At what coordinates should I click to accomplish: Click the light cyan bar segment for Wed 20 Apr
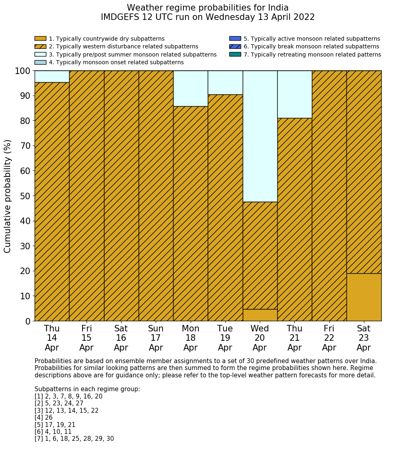pyautogui.click(x=260, y=136)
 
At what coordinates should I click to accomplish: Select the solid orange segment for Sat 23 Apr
pyautogui.click(x=364, y=297)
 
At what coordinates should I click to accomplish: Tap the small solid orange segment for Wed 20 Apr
pyautogui.click(x=260, y=315)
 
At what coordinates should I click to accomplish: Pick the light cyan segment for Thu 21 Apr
pyautogui.click(x=294, y=94)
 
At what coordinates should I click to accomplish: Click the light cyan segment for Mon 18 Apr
pyautogui.click(x=190, y=89)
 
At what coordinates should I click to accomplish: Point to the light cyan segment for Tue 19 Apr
pyautogui.click(x=225, y=83)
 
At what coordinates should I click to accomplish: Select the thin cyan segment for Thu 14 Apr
pyautogui.click(x=52, y=76)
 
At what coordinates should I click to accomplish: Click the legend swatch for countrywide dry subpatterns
pyautogui.click(x=40, y=39)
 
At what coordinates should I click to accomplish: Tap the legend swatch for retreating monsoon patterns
pyautogui.click(x=235, y=54)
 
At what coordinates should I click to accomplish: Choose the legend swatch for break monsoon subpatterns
pyautogui.click(x=235, y=47)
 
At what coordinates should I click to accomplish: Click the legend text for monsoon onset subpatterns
pyautogui.click(x=116, y=62)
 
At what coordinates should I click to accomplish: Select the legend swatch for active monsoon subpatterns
pyautogui.click(x=235, y=39)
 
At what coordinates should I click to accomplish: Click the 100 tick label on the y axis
pyautogui.click(x=23, y=71)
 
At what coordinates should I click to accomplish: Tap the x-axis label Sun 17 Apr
pyautogui.click(x=156, y=338)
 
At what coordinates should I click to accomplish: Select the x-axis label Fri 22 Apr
pyautogui.click(x=329, y=338)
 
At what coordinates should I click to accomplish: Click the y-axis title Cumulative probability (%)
pyautogui.click(x=8, y=196)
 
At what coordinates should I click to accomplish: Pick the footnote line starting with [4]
pyautogui.click(x=44, y=418)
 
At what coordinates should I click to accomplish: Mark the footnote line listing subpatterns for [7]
pyautogui.click(x=74, y=439)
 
